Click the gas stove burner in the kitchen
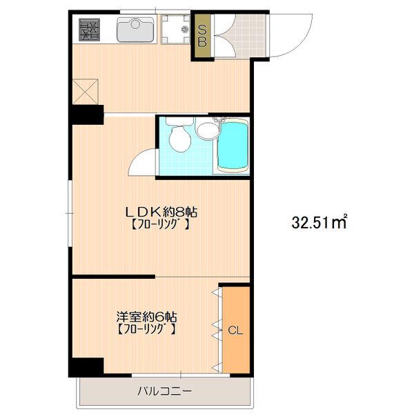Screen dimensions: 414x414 pyautogui.click(x=89, y=30)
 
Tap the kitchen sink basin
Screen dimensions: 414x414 pyautogui.click(x=135, y=30)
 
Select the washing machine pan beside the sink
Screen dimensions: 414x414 pyautogui.click(x=175, y=29)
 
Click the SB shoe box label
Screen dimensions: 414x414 pyautogui.click(x=202, y=36)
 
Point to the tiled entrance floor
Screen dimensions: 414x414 pyautogui.click(x=250, y=35)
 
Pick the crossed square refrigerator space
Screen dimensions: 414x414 pyautogui.click(x=86, y=92)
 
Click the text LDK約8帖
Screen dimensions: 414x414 pyautogui.click(x=161, y=211)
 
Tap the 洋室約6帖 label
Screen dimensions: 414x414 pyautogui.click(x=147, y=317)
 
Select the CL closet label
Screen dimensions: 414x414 pyautogui.click(x=235, y=331)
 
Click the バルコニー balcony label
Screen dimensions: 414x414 pyautogui.click(x=164, y=391)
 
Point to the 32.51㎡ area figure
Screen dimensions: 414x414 pyautogui.click(x=319, y=222)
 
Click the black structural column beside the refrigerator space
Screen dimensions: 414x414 pyautogui.click(x=86, y=115)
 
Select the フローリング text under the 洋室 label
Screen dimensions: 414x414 pyautogui.click(x=146, y=329)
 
